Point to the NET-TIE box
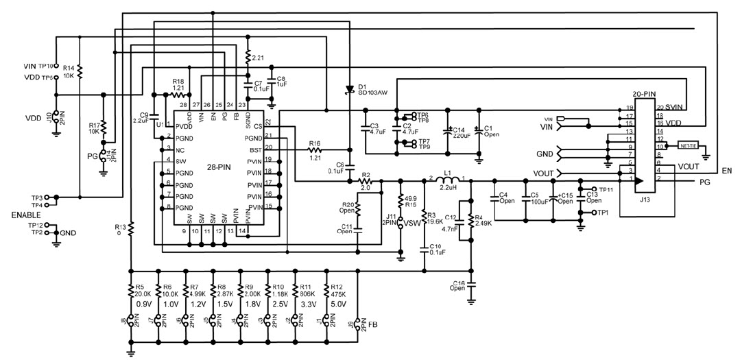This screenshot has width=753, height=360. [x=687, y=145]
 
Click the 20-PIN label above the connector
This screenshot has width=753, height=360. [x=645, y=93]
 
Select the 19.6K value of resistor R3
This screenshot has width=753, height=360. [x=435, y=221]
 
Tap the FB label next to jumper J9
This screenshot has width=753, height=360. [x=373, y=324]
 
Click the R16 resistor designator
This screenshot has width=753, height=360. [x=315, y=143]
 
